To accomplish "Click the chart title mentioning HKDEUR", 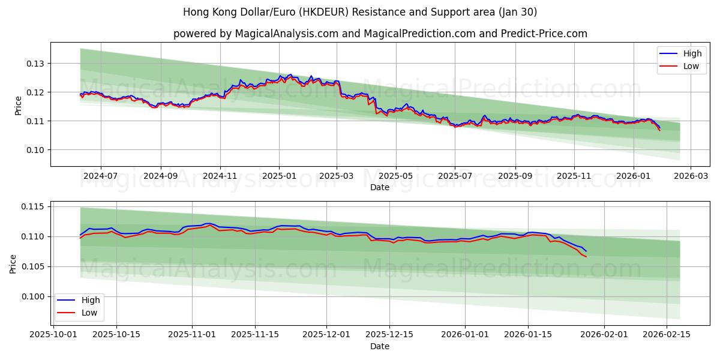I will click(x=360, y=12).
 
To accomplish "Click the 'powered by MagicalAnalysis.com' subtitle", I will click(x=380, y=34).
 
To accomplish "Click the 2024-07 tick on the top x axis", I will click(x=100, y=176).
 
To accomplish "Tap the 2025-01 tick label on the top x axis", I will click(x=279, y=176).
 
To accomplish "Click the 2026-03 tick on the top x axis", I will click(x=691, y=176).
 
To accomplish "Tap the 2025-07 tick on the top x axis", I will click(x=454, y=176).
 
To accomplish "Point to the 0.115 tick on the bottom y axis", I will click(x=33, y=207).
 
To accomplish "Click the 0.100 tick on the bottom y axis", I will click(x=33, y=296).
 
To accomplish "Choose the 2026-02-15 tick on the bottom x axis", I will click(x=668, y=335).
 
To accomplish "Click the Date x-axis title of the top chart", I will click(x=380, y=187).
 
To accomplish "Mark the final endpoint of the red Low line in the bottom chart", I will click(x=586, y=257).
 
